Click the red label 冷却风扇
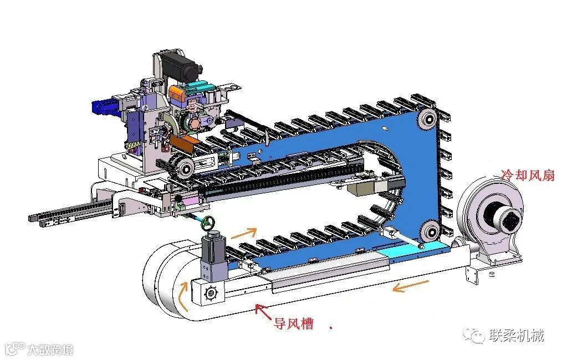(x=528, y=175)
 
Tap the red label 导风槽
(x=294, y=324)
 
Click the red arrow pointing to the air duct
(x=263, y=312)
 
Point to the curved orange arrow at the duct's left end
(x=183, y=296)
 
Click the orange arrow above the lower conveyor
(x=244, y=233)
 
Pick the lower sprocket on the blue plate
(x=430, y=231)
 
